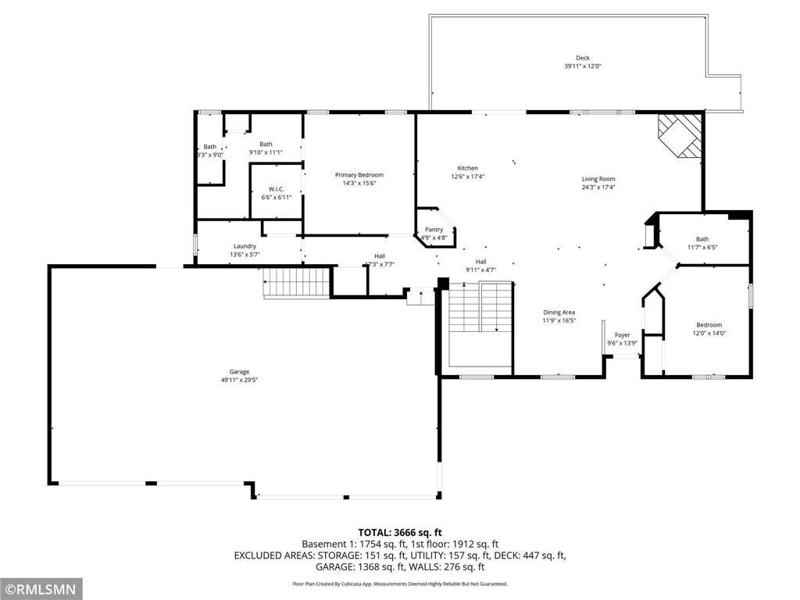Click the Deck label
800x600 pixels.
583,58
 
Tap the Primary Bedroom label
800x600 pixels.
359,175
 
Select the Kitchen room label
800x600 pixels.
467,168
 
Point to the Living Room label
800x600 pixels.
598,179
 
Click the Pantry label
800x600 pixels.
434,230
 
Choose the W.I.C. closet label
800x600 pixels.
276,189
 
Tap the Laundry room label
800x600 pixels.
245,246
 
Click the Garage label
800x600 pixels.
239,372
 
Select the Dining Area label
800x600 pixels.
559,312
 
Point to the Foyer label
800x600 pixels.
622,334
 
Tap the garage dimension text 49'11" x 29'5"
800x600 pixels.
239,380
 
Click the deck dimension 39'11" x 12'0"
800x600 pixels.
583,66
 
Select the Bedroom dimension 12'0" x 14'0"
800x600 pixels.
709,333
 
